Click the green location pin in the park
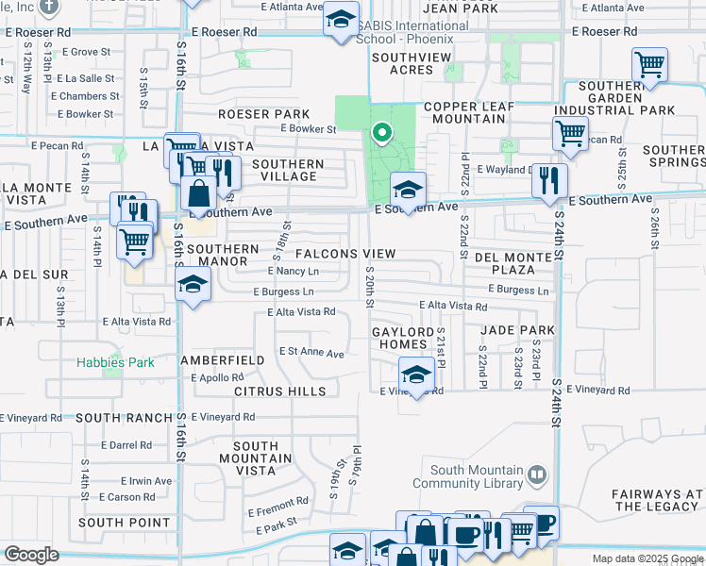[x=381, y=133]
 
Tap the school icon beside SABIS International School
[x=341, y=19]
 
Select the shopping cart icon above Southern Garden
[x=649, y=65]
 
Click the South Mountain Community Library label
[x=477, y=477]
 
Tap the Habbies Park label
[x=115, y=362]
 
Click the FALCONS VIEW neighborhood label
[x=345, y=254]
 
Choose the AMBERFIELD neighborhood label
[x=223, y=361]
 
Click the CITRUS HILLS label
[x=279, y=391]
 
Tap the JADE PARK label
[x=516, y=330]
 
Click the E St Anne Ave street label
[x=311, y=352]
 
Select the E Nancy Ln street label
[x=294, y=272]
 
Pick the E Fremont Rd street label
[x=278, y=506]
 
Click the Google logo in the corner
[x=31, y=554]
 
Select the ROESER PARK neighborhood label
[x=251, y=114]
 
